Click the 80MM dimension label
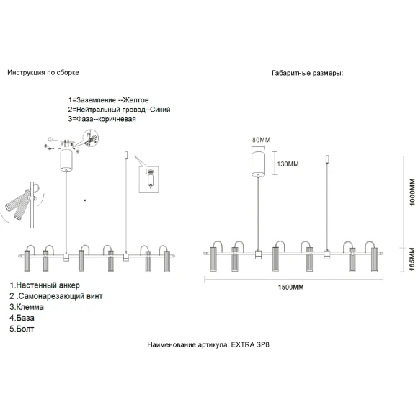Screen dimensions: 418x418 pyautogui.click(x=261, y=140)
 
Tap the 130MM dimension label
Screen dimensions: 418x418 pyautogui.click(x=288, y=164)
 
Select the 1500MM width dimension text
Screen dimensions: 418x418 pyautogui.click(x=290, y=288)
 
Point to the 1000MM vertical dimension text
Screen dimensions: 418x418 pyautogui.click(x=412, y=192)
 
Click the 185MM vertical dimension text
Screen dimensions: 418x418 pyautogui.click(x=412, y=259)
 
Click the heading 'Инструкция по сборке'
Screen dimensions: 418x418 pyautogui.click(x=43, y=73)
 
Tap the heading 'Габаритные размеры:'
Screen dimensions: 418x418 pyautogui.click(x=308, y=73)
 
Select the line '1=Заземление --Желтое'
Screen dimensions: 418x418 pyautogui.click(x=109, y=100)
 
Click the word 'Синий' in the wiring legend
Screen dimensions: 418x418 pyautogui.click(x=160, y=110)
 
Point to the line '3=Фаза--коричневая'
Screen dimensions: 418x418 pyautogui.click(x=102, y=119)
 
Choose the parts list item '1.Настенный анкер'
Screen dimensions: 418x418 pyautogui.click(x=45, y=285)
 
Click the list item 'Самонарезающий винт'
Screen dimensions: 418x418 pyautogui.click(x=61, y=296)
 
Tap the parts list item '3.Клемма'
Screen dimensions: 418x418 pyautogui.click(x=27, y=307)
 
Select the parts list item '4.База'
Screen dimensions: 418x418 pyautogui.click(x=22, y=318)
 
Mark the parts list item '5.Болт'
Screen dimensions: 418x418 pyautogui.click(x=22, y=329)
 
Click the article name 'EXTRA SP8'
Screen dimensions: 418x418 pyautogui.click(x=250, y=344)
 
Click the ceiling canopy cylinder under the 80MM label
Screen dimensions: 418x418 pyautogui.click(x=258, y=164)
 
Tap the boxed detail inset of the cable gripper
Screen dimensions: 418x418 pyautogui.click(x=148, y=179)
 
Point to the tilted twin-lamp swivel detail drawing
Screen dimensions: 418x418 pyautogui.click(x=22, y=205)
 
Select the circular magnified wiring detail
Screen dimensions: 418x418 pyautogui.click(x=91, y=138)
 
